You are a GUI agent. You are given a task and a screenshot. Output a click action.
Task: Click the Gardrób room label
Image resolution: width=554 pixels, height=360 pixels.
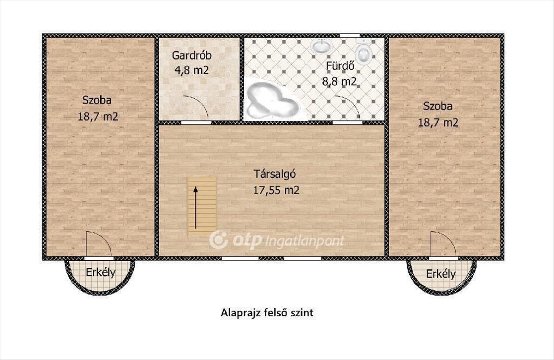pyautogui.click(x=192, y=55)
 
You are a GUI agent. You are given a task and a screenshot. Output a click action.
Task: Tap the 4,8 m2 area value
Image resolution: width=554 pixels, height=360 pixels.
pyautogui.click(x=192, y=71)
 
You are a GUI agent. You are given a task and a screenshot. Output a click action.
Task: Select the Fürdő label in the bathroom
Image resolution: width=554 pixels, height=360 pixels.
pyautogui.click(x=340, y=66)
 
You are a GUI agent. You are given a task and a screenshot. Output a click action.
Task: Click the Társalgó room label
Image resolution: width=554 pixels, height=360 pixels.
pyautogui.click(x=275, y=174)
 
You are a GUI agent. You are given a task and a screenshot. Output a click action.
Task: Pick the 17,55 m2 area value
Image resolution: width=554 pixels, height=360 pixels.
pyautogui.click(x=276, y=190)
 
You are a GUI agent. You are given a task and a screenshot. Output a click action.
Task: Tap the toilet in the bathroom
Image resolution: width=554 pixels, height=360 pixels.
pyautogui.click(x=364, y=50)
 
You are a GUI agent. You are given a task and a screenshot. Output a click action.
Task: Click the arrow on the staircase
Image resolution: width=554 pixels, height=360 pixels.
pyautogui.click(x=196, y=208)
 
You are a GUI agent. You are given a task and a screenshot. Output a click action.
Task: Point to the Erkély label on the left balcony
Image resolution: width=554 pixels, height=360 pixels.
pyautogui.click(x=101, y=272)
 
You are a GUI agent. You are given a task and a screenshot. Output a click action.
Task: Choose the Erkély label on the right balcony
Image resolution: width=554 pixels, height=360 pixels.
pyautogui.click(x=441, y=274)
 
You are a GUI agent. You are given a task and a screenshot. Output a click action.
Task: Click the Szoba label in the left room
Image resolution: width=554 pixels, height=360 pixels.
pyautogui.click(x=96, y=100)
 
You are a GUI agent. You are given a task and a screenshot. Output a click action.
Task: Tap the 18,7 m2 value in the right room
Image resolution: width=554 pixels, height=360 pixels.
pyautogui.click(x=438, y=123)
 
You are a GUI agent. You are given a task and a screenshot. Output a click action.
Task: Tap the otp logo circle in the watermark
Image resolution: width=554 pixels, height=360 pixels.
pyautogui.click(x=218, y=240)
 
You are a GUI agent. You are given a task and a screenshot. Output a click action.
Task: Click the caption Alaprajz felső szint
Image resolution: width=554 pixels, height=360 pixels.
pyautogui.click(x=267, y=313)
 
